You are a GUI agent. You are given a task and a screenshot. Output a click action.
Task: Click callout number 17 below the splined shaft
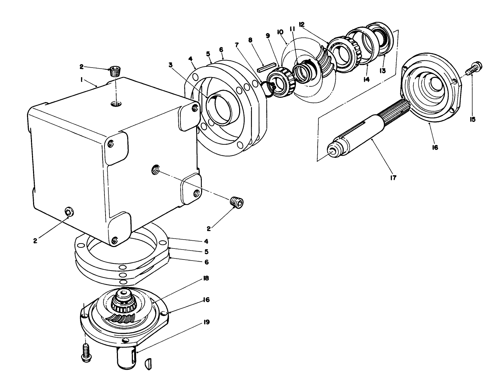[393, 177]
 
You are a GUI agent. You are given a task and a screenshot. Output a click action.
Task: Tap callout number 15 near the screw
[473, 119]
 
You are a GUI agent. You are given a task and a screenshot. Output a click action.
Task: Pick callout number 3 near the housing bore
[171, 65]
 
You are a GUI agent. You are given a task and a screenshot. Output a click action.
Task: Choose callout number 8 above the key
[251, 40]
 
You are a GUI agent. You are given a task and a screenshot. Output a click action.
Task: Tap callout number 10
[280, 32]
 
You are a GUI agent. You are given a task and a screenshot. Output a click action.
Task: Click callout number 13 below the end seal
[382, 70]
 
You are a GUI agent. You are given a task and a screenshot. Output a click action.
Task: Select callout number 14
[366, 80]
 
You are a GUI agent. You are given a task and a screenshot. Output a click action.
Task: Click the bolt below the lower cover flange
[86, 353]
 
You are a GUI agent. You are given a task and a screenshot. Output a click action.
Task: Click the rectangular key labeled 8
[266, 68]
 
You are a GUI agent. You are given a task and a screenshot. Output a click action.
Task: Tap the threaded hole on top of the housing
[115, 103]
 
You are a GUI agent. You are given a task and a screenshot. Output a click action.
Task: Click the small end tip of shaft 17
[332, 151]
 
